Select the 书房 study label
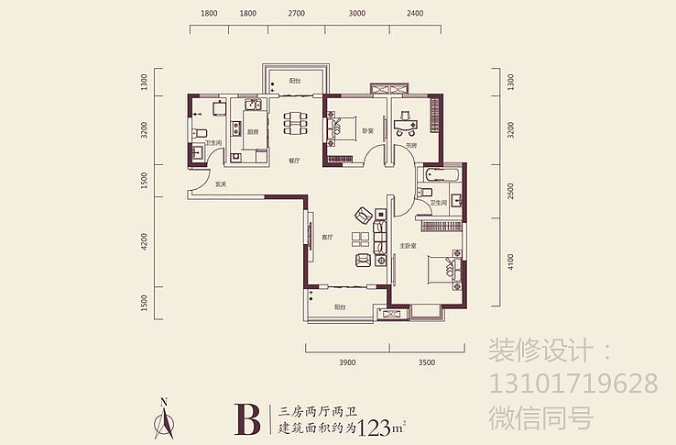[x=411, y=146]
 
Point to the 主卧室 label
[x=409, y=246]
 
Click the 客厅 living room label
[x=326, y=237]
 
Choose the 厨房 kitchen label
[x=252, y=132]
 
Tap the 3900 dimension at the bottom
[x=347, y=364]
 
